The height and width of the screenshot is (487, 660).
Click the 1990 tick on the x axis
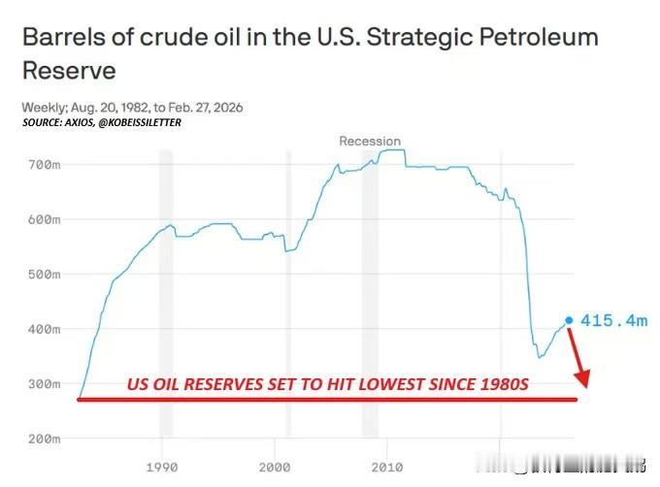tap(162, 466)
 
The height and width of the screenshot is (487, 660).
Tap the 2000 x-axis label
tap(275, 466)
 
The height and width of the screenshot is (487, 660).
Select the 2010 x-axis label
tap(387, 466)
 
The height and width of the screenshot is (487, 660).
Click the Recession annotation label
tap(370, 141)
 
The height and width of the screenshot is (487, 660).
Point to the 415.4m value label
tap(613, 320)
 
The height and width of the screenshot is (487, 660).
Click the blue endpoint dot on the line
tap(569, 320)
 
